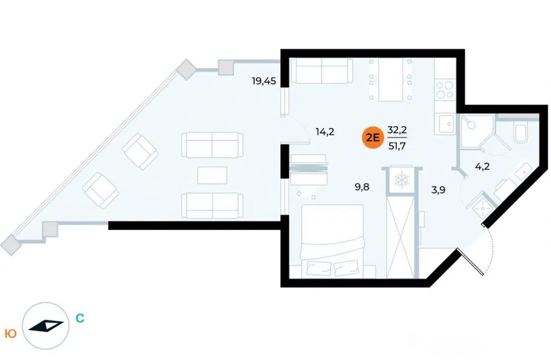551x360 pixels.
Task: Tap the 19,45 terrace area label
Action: point(263,81)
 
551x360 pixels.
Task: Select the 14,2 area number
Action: point(325,132)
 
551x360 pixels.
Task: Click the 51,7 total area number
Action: point(397,146)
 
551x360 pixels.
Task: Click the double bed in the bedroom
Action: point(332,240)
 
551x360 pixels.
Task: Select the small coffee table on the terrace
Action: point(212,175)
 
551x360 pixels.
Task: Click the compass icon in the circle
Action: point(46,326)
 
